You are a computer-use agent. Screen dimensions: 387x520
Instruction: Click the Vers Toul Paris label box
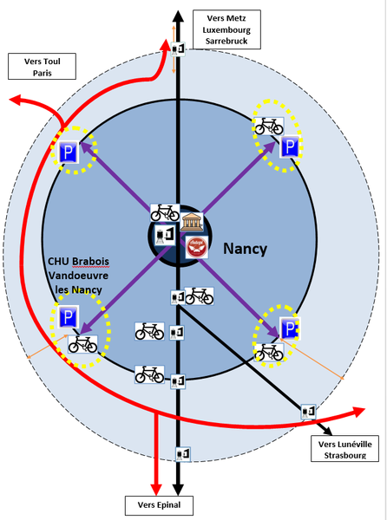tap(43, 67)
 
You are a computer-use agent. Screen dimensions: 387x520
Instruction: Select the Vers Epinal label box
tap(159, 505)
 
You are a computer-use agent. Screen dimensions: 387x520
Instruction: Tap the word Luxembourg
tap(226, 29)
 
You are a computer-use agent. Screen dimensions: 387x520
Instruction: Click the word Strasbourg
tap(345, 455)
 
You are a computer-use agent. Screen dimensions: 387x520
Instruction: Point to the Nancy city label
tap(245, 249)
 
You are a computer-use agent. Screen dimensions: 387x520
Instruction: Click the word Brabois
tap(90, 262)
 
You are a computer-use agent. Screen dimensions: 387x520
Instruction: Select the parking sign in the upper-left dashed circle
tap(69, 152)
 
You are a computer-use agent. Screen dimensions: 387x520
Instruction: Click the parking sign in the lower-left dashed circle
tap(69, 316)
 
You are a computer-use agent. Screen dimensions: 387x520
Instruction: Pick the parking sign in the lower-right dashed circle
tap(290, 328)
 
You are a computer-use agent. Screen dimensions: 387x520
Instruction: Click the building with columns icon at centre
tap(192, 222)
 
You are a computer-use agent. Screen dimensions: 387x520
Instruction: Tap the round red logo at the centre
tap(197, 247)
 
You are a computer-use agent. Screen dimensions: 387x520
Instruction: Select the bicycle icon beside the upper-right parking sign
tap(268, 126)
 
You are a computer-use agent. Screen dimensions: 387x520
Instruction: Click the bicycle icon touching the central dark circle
tap(165, 213)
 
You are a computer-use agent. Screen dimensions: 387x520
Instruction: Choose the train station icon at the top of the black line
tap(178, 49)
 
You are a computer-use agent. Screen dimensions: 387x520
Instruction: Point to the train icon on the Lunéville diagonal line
tap(308, 412)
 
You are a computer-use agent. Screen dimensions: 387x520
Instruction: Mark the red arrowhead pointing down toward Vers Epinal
tap(156, 490)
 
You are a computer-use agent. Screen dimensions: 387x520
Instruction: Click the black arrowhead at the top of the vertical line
tap(178, 16)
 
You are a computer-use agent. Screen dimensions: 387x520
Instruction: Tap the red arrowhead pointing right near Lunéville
tap(358, 412)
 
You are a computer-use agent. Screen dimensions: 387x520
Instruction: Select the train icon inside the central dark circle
tap(165, 235)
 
